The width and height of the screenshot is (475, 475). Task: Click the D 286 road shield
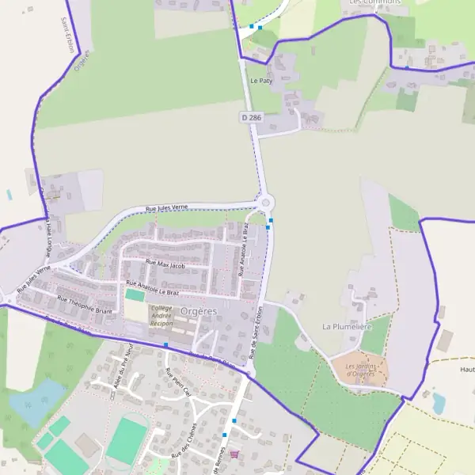[x=251, y=117]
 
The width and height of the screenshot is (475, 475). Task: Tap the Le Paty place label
[x=260, y=81]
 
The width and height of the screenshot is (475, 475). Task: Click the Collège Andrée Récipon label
[x=161, y=316]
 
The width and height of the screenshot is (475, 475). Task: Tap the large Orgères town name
[x=198, y=311]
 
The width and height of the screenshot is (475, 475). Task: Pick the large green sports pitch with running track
[x=127, y=440]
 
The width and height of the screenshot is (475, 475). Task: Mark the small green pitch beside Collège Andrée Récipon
[x=135, y=295]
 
